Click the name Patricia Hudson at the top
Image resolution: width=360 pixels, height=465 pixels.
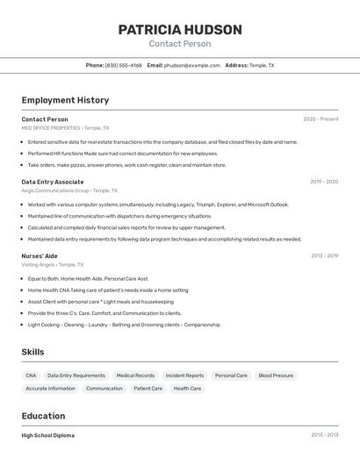179,30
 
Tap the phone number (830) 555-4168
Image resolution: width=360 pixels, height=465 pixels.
123,65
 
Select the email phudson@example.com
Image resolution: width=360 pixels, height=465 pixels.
191,65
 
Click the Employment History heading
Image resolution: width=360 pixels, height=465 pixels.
65,100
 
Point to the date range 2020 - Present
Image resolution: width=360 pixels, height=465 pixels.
320,119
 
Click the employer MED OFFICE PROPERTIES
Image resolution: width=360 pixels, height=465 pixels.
51,127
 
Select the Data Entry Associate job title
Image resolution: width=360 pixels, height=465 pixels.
53,182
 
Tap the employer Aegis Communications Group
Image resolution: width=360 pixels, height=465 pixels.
55,190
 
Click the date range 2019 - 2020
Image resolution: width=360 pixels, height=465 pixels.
323,182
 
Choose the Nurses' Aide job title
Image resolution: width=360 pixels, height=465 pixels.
40,255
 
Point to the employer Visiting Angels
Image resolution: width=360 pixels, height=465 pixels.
38,264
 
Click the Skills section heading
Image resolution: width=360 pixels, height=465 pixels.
32,352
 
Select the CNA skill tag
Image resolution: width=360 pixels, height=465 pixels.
31,376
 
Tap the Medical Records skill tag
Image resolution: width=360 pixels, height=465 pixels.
135,376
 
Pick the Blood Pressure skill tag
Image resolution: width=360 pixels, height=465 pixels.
276,376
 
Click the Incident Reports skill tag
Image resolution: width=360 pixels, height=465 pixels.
184,376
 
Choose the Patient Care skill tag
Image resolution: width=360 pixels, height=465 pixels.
148,388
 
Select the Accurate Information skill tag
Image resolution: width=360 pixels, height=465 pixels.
50,388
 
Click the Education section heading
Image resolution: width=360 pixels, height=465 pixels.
43,416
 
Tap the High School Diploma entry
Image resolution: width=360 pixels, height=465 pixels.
47,435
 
